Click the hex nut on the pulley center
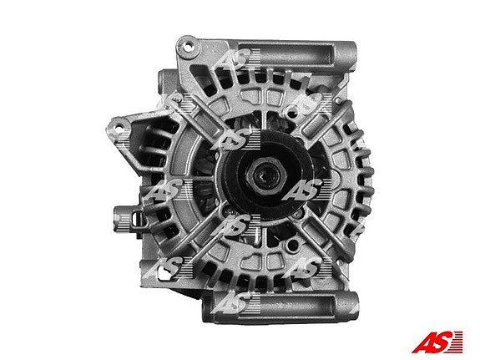coord(265,175)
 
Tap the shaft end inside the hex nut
coord(265,175)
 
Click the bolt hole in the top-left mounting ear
coord(185,47)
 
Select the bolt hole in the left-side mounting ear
coord(117,126)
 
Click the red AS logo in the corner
coord(437,342)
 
